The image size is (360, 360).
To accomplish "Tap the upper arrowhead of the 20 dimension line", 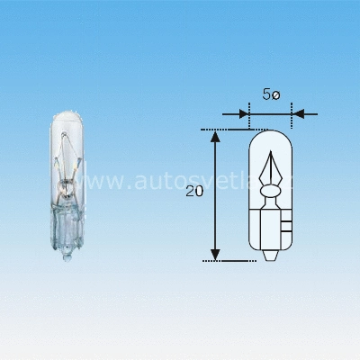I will (x=215, y=136).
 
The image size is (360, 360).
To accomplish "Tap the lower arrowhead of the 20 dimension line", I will (x=215, y=254).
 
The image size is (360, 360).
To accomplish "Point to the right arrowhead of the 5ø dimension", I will (x=298, y=114).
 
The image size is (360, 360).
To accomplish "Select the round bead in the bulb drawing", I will (x=271, y=191).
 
